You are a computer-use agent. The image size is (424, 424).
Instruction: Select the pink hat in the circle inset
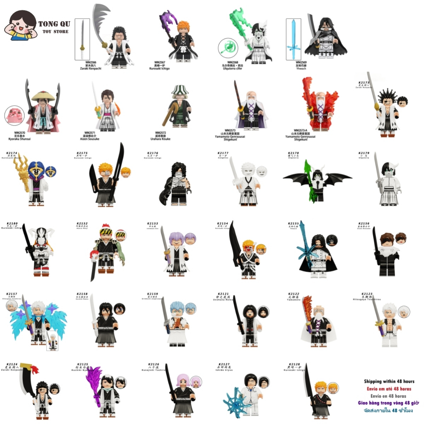(x=15, y=116)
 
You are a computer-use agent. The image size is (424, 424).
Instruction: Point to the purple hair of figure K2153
(x=175, y=238)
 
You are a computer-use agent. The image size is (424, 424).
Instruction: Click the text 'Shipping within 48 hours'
(x=389, y=381)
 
